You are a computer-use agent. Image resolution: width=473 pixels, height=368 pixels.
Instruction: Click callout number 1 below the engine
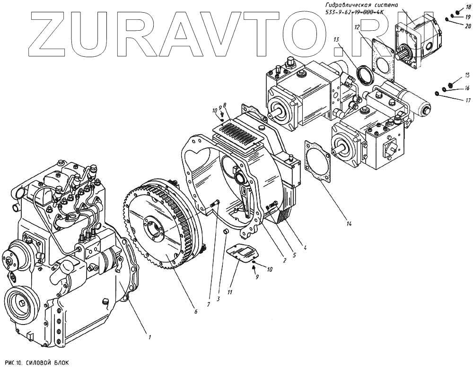(149, 337)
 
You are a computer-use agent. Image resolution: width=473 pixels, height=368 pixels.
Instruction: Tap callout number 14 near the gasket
(349, 223)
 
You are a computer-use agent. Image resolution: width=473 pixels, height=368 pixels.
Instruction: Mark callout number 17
(468, 100)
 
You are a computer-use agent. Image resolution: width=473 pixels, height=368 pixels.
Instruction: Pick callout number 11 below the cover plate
(230, 292)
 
